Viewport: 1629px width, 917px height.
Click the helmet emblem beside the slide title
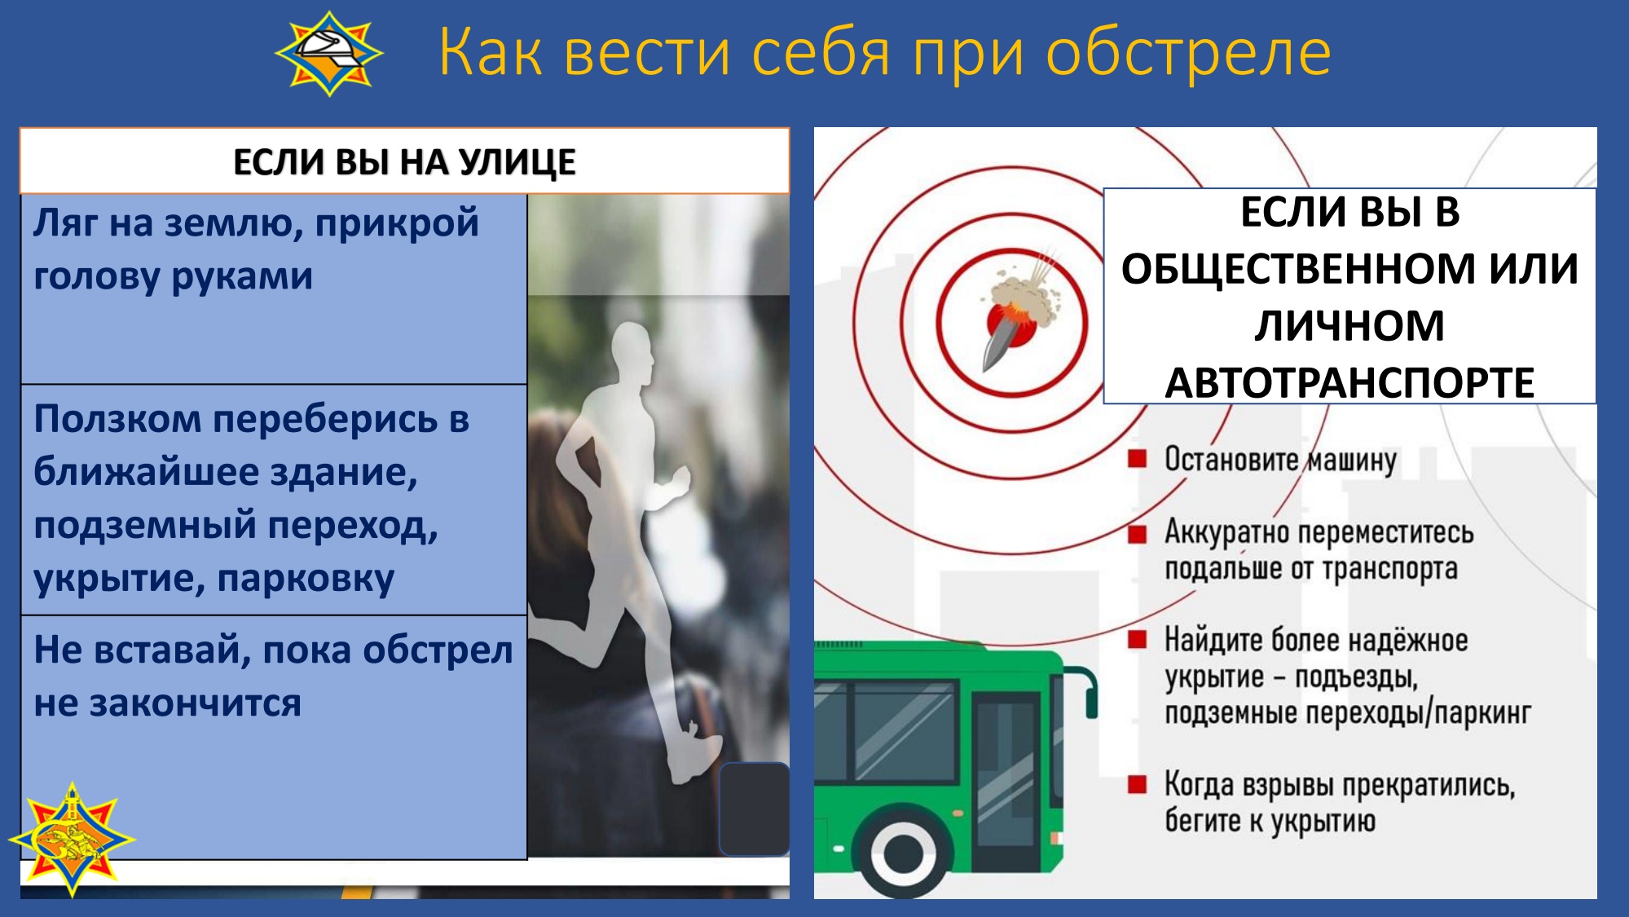329,53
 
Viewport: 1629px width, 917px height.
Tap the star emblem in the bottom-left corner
72,839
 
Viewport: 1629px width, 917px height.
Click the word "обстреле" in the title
1188,52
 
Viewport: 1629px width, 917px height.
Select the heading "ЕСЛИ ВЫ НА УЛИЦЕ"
404,161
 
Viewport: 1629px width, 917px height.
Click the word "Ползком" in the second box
117,420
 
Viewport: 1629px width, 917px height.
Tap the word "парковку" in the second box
306,580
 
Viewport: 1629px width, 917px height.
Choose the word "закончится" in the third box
195,703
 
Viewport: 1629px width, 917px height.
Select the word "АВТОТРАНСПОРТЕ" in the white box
1349,383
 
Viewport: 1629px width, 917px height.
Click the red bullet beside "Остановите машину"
1137,458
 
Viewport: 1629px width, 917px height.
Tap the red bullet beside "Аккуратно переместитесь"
1137,534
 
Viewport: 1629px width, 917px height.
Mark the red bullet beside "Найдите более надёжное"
1137,639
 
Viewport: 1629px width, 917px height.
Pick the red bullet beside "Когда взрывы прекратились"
1137,784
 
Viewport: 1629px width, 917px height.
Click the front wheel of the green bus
904,853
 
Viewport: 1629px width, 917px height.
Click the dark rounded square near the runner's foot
754,809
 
